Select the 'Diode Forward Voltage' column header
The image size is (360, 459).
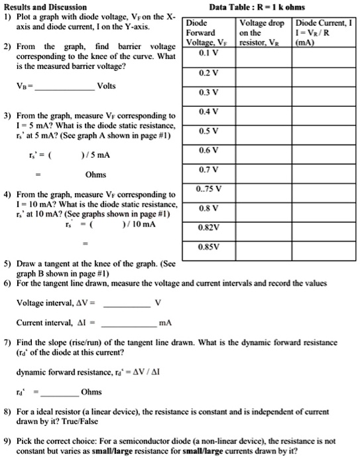point(206,31)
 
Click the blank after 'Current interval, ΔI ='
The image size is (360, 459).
point(129,325)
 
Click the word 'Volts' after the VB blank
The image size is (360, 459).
point(109,86)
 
